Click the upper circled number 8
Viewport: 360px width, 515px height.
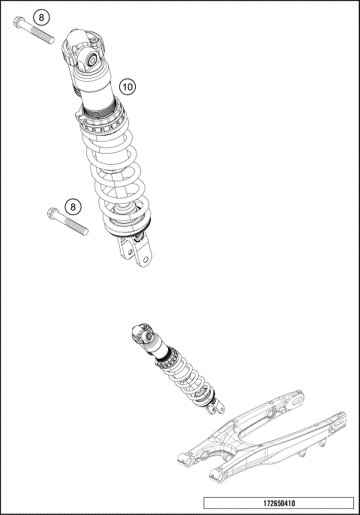pos(42,16)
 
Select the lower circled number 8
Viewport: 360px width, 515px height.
pos(72,206)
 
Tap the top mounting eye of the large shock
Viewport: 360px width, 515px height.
pos(90,58)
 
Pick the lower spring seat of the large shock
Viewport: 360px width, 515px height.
pos(127,220)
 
